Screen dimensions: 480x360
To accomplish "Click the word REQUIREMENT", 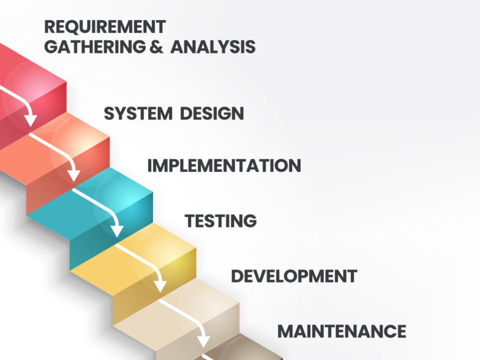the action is (x=105, y=26).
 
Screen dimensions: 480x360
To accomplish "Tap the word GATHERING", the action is (x=95, y=47).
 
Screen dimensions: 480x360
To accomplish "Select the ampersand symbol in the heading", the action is (x=156, y=47).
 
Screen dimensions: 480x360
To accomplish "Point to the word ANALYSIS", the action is (x=213, y=47).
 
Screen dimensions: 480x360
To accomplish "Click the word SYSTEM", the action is (x=138, y=114).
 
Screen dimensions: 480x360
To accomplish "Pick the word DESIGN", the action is (x=212, y=114).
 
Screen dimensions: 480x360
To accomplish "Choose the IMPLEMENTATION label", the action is (x=224, y=166).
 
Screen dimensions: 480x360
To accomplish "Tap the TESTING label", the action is (x=221, y=221).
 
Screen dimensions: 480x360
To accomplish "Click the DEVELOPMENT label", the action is (x=294, y=276).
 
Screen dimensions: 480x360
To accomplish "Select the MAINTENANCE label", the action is (x=342, y=331).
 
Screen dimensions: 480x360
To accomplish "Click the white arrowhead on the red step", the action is (x=31, y=120).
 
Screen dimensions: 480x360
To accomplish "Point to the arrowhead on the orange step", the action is (x=74, y=176).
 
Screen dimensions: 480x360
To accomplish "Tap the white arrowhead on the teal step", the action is (x=117, y=231).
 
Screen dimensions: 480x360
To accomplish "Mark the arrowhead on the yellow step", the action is (x=160, y=287).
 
